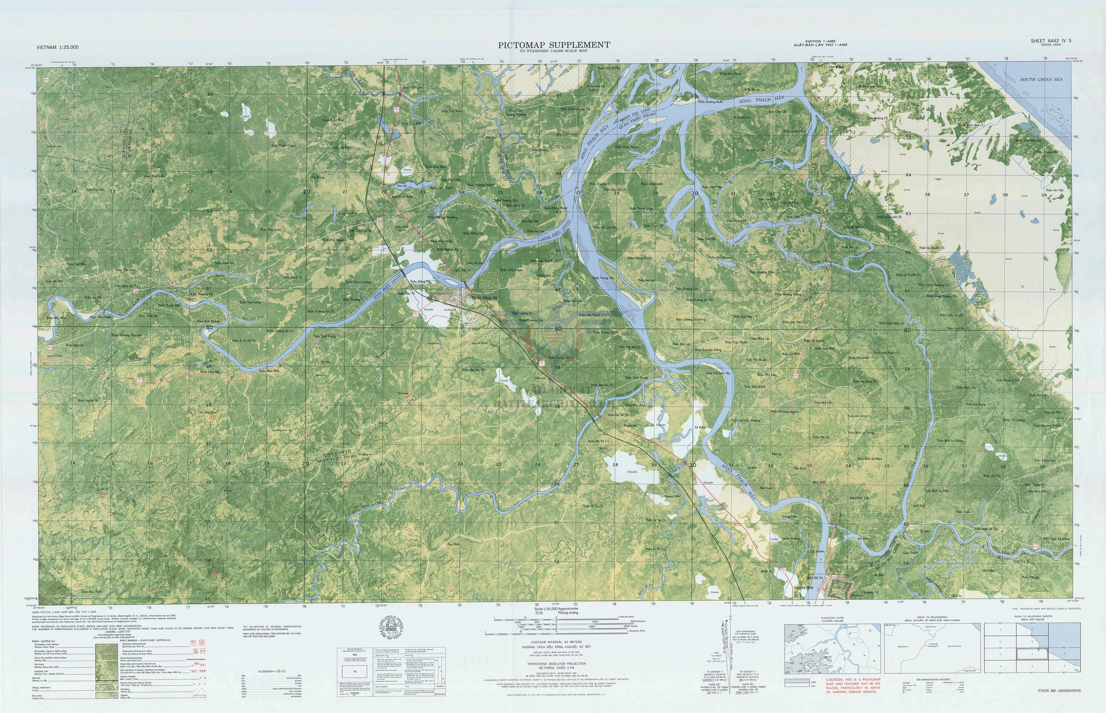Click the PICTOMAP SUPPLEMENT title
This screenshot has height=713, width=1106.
click(554, 45)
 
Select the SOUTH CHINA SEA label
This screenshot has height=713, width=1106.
click(1041, 80)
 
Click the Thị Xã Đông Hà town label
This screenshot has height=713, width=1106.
click(484, 298)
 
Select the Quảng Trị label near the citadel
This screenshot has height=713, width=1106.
click(869, 592)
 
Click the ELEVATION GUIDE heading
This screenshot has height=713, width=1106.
click(833, 618)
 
